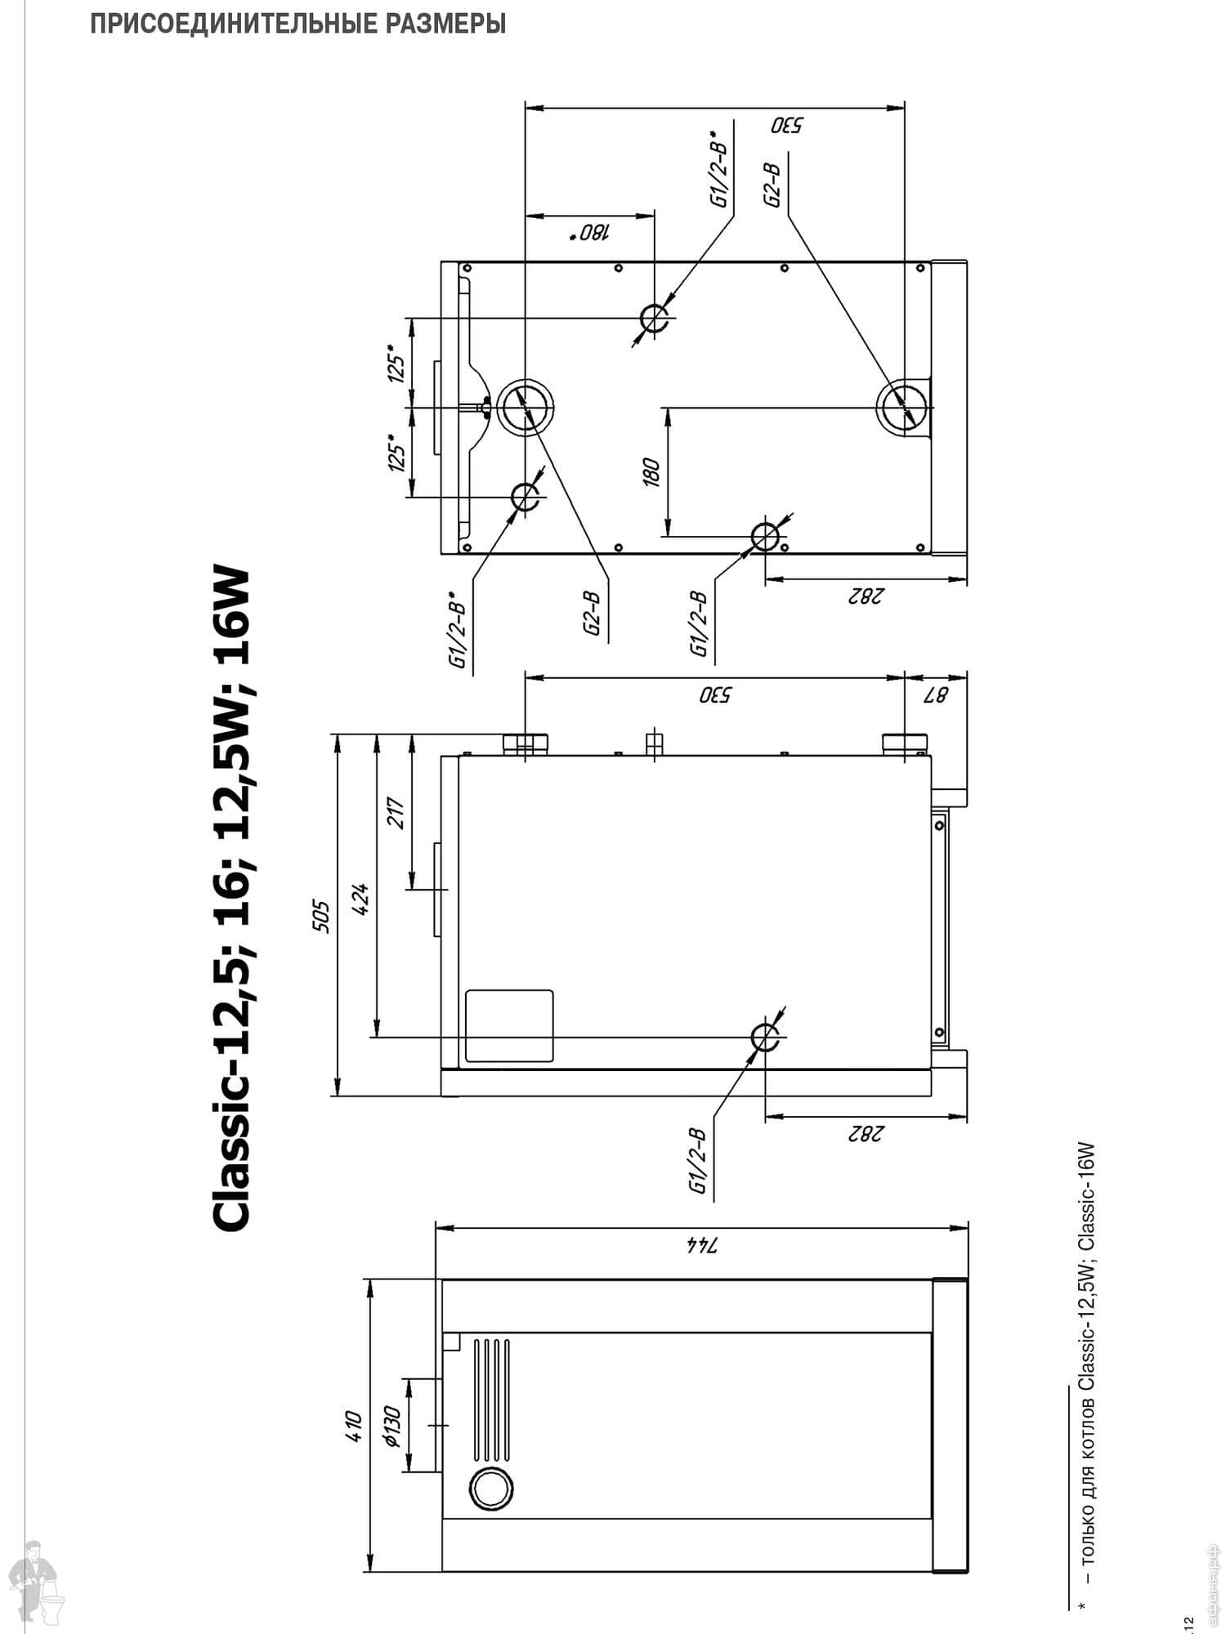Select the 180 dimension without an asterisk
point(651,472)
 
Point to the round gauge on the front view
point(489,1489)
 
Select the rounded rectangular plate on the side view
point(508,1026)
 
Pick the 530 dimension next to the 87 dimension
point(715,695)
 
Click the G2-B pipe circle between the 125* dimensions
point(526,407)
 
